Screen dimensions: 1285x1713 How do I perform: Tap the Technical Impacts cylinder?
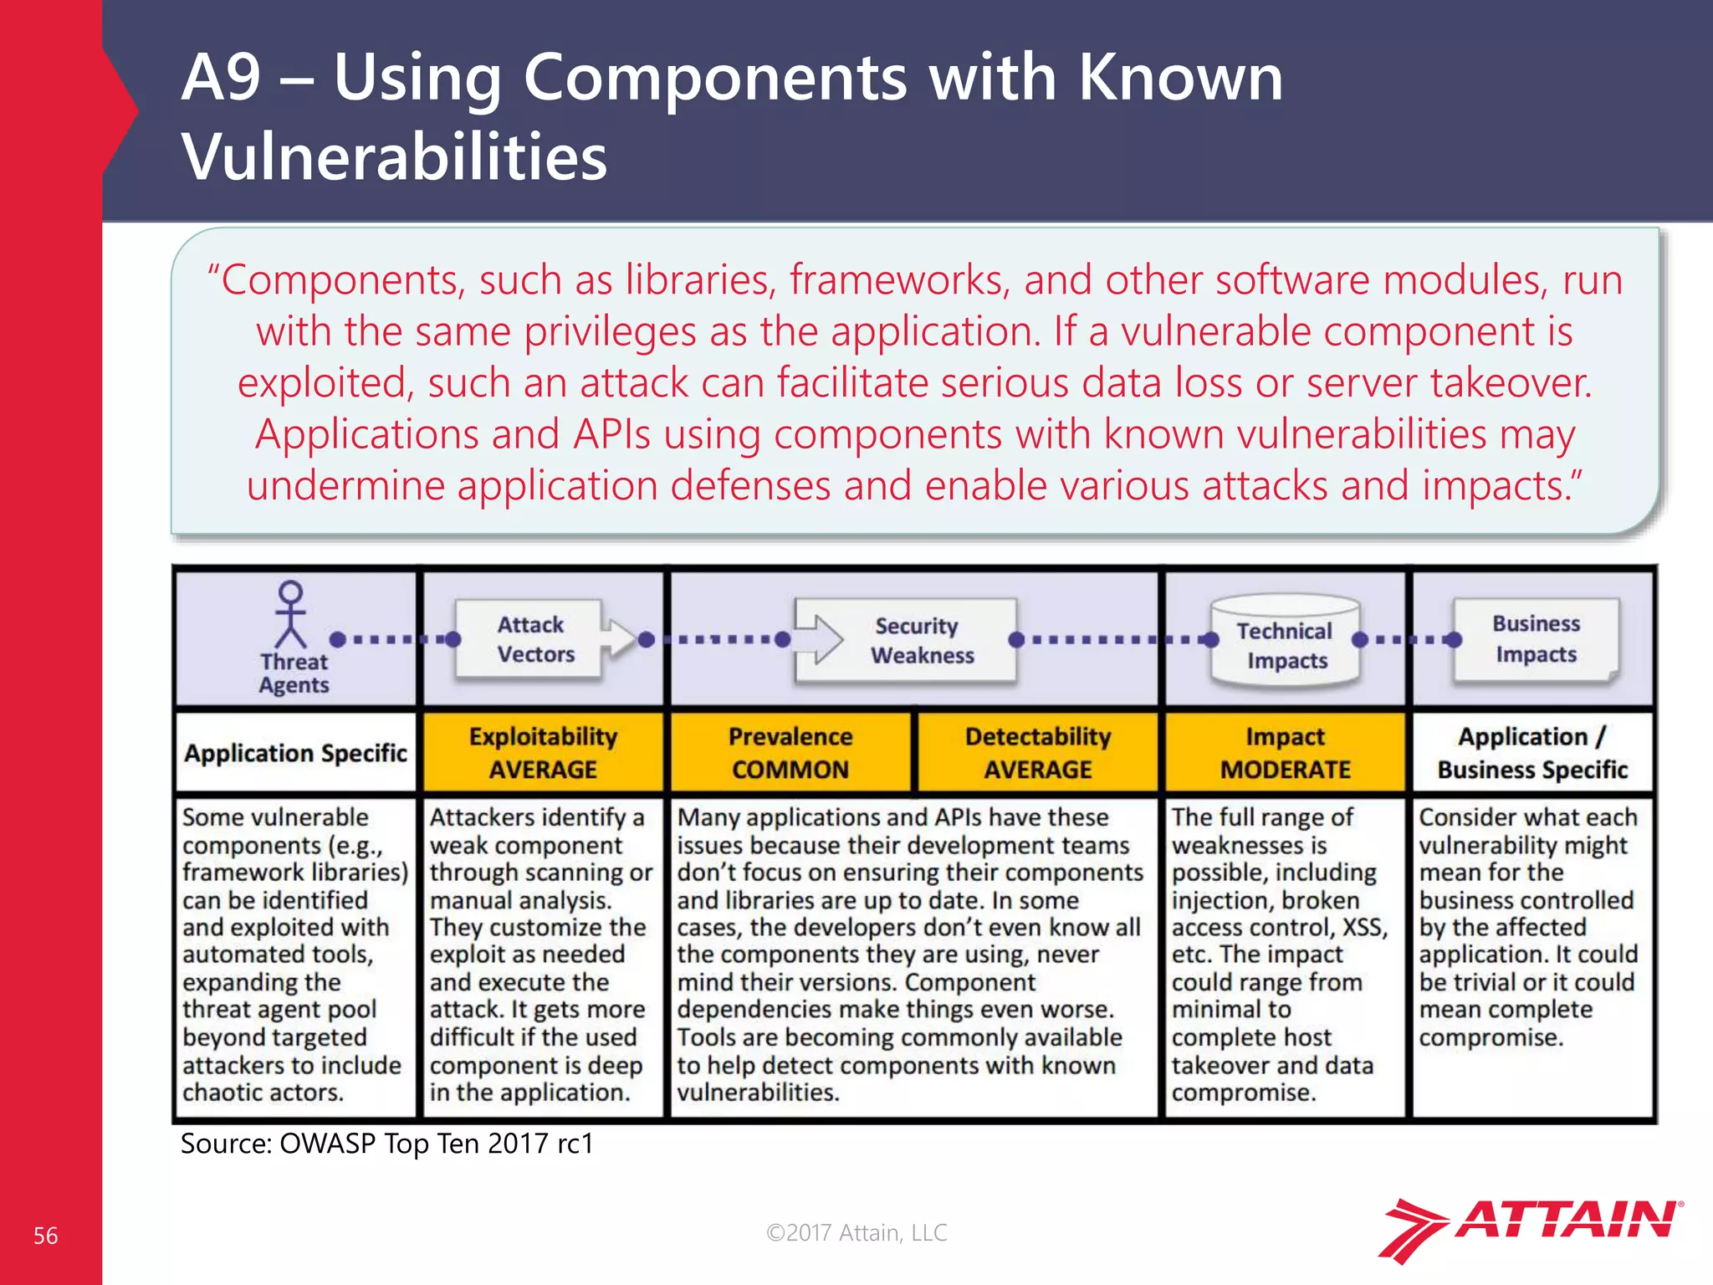[1285, 642]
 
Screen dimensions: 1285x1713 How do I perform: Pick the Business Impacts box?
[1536, 638]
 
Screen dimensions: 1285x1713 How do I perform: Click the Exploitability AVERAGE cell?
[543, 752]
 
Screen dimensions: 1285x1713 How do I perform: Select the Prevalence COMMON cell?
[790, 752]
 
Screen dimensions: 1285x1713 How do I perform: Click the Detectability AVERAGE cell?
[1037, 752]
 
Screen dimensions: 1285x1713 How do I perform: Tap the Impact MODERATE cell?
[1285, 752]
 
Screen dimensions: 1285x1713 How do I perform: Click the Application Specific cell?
[295, 753]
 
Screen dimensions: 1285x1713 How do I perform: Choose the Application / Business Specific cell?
[1532, 752]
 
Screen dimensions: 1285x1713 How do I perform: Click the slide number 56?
[45, 1236]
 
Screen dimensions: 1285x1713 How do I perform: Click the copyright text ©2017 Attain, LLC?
[856, 1232]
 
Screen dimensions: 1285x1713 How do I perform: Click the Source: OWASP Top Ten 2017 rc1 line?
[386, 1143]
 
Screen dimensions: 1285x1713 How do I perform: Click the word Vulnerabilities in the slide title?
[394, 156]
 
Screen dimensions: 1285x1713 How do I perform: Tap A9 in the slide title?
[221, 77]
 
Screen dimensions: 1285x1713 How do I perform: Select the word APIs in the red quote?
[611, 434]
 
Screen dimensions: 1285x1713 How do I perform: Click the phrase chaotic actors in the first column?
[263, 1093]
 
